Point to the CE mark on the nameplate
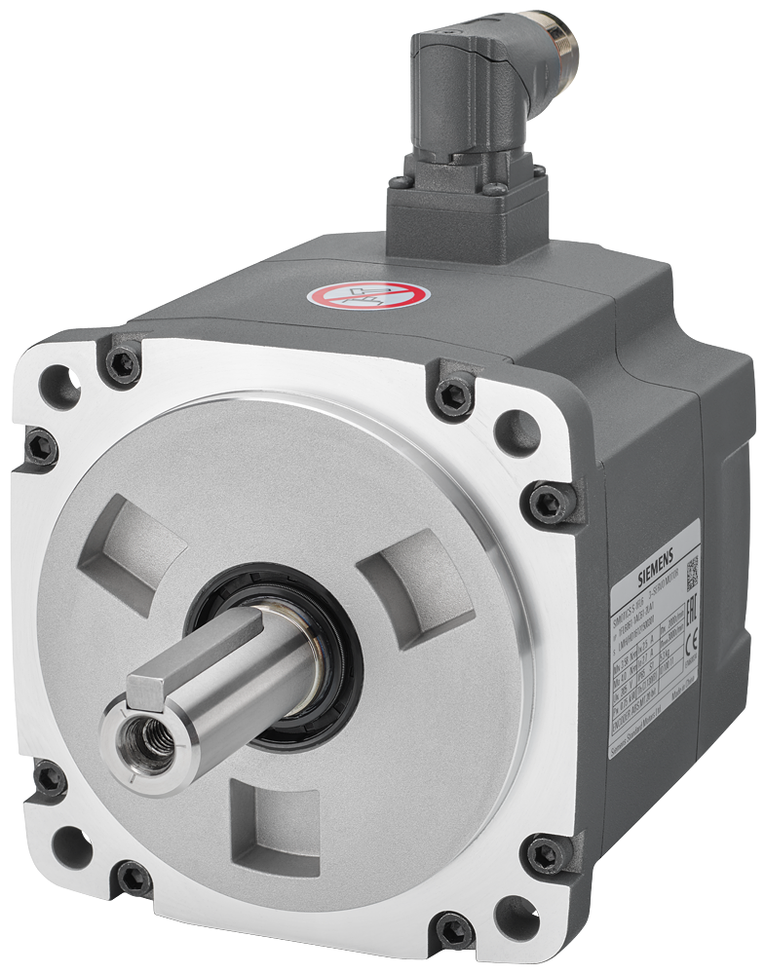[x=695, y=643]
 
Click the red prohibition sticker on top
[x=368, y=293]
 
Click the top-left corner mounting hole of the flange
[x=59, y=386]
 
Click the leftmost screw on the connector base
[x=399, y=182]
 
